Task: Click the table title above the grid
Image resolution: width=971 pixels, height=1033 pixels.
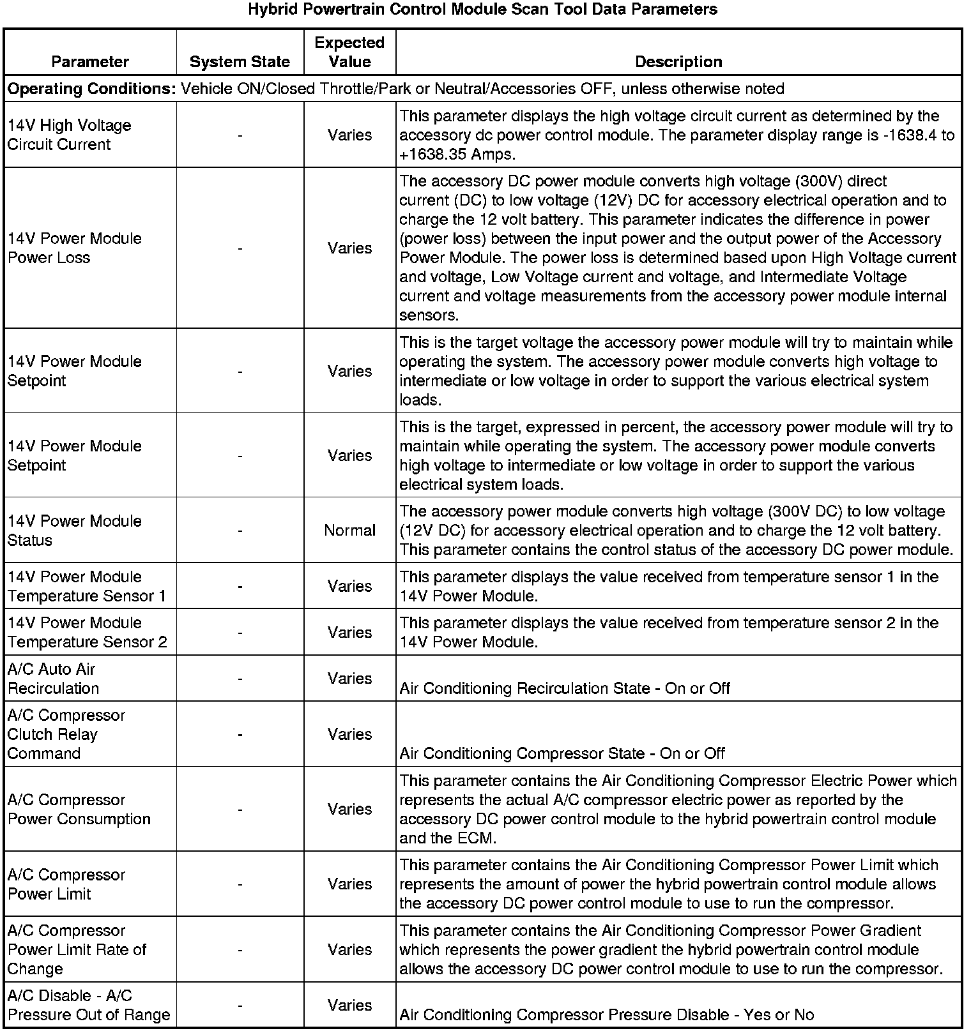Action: point(482,10)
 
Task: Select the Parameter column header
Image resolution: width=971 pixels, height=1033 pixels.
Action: point(90,62)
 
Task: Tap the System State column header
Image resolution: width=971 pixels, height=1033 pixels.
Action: point(240,62)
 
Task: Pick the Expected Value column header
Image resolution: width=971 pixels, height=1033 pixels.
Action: point(349,52)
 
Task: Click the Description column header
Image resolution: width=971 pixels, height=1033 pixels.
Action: point(678,62)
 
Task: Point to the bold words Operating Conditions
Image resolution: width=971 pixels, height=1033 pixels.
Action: point(91,89)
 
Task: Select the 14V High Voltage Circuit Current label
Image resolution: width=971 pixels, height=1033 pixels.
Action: point(69,135)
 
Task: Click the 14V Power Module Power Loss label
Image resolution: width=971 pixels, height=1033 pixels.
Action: point(74,248)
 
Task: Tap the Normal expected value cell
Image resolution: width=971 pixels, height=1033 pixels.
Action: point(349,531)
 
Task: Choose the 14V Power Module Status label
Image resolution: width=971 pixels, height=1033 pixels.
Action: point(74,531)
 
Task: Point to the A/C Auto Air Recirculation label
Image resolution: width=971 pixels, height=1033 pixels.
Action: point(53,679)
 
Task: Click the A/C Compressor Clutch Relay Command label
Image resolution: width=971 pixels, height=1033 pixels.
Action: point(66,734)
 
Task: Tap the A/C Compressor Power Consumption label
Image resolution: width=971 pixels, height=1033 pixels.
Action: point(79,810)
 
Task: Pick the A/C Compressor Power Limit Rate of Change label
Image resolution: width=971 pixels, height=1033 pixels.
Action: point(77,949)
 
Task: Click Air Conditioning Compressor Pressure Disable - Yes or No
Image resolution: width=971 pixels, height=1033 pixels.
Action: point(606,1015)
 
